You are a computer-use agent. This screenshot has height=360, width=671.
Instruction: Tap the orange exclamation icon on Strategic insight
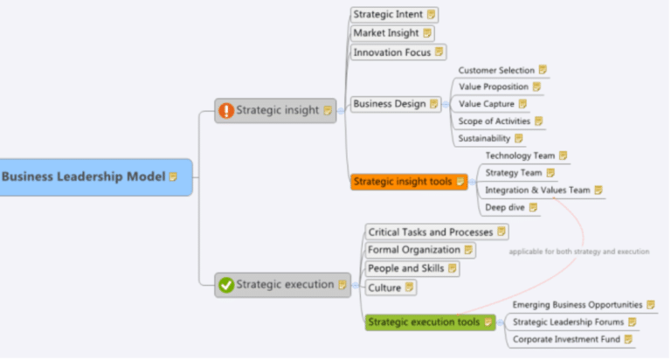(226, 111)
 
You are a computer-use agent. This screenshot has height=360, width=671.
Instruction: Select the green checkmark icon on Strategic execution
(226, 284)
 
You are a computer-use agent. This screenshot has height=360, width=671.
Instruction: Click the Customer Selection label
(496, 70)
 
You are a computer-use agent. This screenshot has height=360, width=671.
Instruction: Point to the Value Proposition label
(494, 87)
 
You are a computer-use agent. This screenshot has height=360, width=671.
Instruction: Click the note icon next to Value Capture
(522, 104)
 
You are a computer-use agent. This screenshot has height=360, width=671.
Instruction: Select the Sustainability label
(485, 138)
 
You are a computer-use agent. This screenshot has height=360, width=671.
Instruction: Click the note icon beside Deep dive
(533, 207)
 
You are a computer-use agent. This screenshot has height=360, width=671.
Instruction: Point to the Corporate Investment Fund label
(566, 339)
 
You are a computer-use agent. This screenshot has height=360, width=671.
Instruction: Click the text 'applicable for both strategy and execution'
(578, 252)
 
